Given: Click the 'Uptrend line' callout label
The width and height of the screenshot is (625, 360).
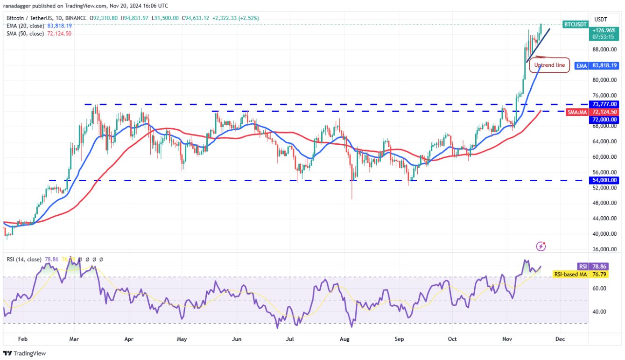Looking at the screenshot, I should click(x=549, y=65).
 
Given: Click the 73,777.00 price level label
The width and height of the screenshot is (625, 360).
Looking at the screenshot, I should click(x=604, y=104).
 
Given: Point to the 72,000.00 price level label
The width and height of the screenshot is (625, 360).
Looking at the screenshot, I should click(x=604, y=120).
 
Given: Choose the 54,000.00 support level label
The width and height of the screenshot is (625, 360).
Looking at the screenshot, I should click(x=604, y=180).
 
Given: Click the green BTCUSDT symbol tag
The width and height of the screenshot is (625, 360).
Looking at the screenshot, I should click(x=575, y=24).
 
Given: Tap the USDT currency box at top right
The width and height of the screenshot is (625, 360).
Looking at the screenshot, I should click(x=600, y=19).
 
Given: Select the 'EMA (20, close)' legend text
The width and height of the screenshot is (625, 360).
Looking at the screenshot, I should click(x=26, y=26).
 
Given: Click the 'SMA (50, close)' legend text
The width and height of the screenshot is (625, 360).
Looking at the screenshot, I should click(x=26, y=34).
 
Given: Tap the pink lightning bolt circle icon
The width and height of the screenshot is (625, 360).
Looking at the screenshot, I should click(x=541, y=246).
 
